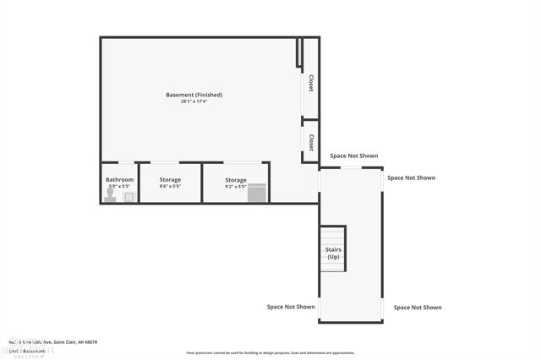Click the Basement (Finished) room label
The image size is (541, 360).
coord(194,95)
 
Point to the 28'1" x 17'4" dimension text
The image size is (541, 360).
coord(194,101)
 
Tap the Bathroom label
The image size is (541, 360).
coord(119,179)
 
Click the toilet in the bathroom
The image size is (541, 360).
coord(110,194)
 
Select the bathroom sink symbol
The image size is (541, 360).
coord(128,198)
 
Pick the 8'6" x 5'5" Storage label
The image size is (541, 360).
coord(170,179)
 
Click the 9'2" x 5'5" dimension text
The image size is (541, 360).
coord(236,187)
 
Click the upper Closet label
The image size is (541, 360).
coord(311,84)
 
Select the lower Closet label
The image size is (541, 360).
coord(311,141)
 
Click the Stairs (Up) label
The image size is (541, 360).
coord(333,253)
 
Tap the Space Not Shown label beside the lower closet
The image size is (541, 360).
coord(353,156)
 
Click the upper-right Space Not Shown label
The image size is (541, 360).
coord(411,178)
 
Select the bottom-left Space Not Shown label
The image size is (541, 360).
coord(291,308)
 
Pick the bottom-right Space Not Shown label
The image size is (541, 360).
coord(418,308)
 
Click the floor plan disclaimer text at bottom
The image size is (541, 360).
coord(270,353)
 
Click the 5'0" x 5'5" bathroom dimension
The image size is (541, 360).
coord(119,186)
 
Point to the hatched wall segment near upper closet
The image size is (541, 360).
coord(298,52)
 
